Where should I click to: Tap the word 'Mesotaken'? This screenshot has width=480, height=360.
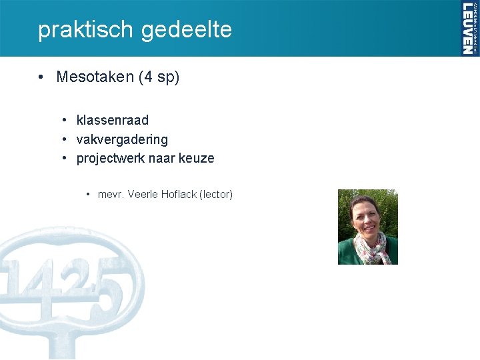(95, 77)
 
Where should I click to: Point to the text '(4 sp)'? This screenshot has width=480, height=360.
(159, 77)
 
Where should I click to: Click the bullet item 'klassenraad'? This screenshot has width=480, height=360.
(113, 121)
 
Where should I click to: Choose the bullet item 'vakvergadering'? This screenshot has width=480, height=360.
(122, 140)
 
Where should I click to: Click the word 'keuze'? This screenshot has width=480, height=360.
(197, 159)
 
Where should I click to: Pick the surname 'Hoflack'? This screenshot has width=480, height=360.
(178, 195)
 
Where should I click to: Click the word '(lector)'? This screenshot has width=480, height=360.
(216, 195)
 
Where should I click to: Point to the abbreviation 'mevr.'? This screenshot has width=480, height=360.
(111, 195)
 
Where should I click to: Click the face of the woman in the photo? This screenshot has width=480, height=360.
(365, 217)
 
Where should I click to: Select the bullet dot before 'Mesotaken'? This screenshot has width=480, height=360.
(42, 77)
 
